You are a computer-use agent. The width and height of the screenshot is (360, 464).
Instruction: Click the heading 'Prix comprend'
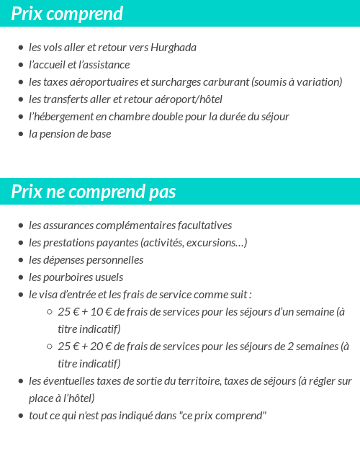(67, 14)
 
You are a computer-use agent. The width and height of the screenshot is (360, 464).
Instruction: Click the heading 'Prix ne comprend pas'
(94, 192)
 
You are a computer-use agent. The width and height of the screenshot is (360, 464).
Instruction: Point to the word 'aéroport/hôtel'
(189, 99)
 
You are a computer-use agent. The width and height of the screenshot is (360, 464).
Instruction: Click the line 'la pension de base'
(70, 134)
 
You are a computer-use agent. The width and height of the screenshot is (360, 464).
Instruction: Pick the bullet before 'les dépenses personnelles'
(21, 260)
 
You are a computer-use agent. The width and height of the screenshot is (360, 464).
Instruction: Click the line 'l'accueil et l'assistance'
(79, 65)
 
